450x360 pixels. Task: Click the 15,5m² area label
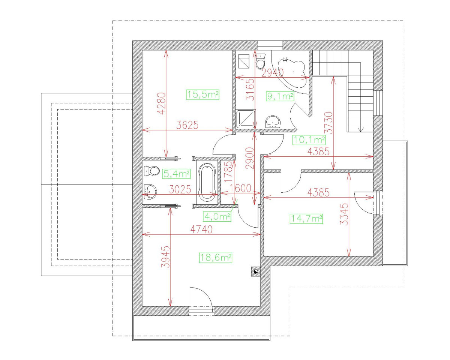202,94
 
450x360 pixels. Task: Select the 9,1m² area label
280,96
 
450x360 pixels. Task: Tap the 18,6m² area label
216,258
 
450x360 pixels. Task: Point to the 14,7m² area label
306,219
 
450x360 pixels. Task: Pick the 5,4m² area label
177,174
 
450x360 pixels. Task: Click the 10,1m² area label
309,140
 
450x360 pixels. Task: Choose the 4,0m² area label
217,216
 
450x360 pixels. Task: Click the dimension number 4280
161,103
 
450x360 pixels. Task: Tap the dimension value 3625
187,125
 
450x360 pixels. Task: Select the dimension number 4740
201,229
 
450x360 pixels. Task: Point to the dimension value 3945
166,257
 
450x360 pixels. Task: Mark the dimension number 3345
344,214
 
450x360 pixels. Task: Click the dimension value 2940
273,73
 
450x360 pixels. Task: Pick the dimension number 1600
240,188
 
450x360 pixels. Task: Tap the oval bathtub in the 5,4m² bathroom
207,183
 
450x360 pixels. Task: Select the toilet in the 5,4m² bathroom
151,171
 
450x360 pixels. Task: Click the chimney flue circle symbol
255,272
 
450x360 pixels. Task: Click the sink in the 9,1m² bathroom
273,121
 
